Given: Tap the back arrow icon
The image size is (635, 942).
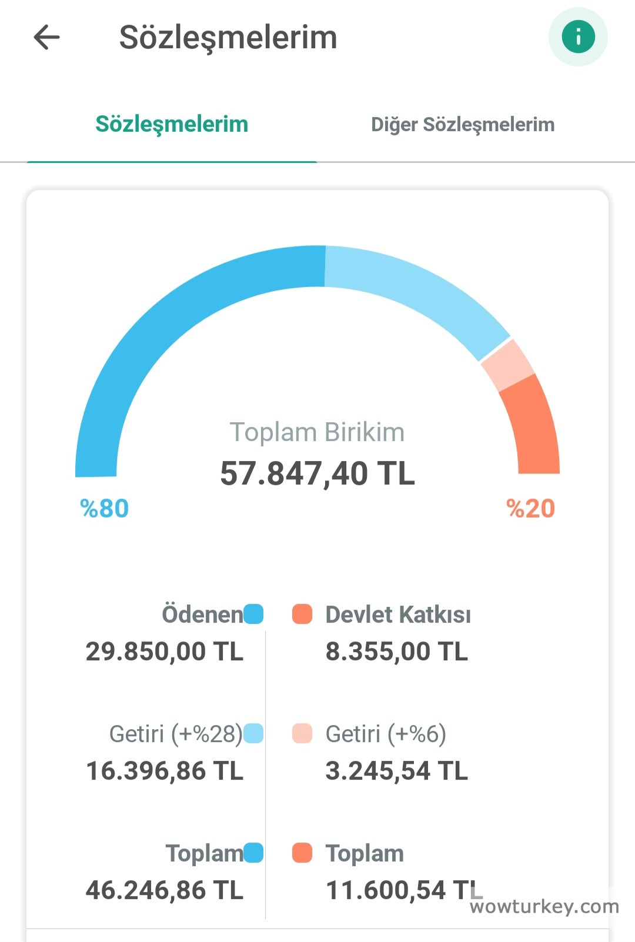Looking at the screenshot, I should point(46,38).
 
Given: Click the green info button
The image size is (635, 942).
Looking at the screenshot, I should point(578,37).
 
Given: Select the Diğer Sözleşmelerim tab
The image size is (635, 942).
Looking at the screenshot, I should point(463,125).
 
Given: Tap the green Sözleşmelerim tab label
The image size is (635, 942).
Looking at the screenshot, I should point(172,125).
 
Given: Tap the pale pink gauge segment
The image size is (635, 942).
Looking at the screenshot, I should point(507,365).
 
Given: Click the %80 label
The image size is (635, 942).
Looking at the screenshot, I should point(104,509).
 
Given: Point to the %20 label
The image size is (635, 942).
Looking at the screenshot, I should point(530,509).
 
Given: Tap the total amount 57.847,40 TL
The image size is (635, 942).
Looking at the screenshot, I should point(317,474).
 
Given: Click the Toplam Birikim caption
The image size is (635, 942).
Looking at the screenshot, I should point(317,432).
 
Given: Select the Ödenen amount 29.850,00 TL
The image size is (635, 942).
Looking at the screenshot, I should point(165,652).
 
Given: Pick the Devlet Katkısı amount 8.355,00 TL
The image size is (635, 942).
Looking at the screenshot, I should point(397,652).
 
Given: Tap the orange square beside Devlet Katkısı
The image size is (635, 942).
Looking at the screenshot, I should point(302,614).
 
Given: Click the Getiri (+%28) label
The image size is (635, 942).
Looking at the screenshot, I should point(176,734).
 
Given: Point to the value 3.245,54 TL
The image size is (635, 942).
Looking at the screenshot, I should point(397,771).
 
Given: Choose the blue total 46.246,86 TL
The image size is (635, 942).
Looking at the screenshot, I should point(165,890).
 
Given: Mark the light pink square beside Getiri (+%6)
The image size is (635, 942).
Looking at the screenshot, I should point(302,733).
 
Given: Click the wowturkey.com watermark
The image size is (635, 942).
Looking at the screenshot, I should point(544,907).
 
